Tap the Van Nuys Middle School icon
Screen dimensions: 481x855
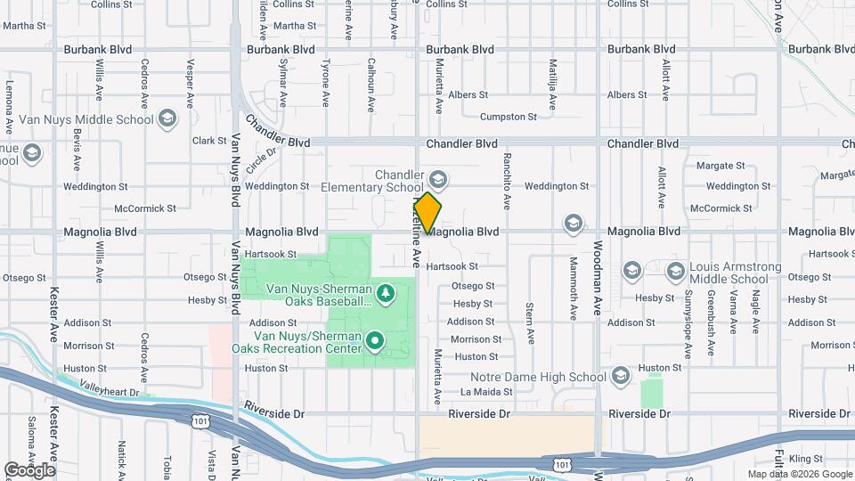(167, 118)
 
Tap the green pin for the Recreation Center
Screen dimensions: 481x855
(375, 339)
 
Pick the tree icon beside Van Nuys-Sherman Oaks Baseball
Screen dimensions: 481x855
(385, 291)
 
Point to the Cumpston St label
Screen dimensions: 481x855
(509, 117)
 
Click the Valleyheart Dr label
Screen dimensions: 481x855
(110, 391)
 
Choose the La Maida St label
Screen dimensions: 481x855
(486, 391)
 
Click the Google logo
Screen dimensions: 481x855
(29, 470)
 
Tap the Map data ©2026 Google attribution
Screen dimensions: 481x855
(800, 474)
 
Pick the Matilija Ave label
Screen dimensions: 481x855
(553, 86)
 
